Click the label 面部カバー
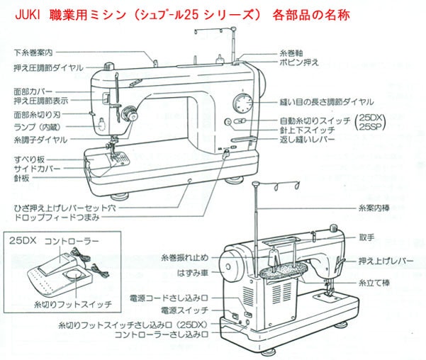click(33, 91)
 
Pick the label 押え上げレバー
click(386, 261)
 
